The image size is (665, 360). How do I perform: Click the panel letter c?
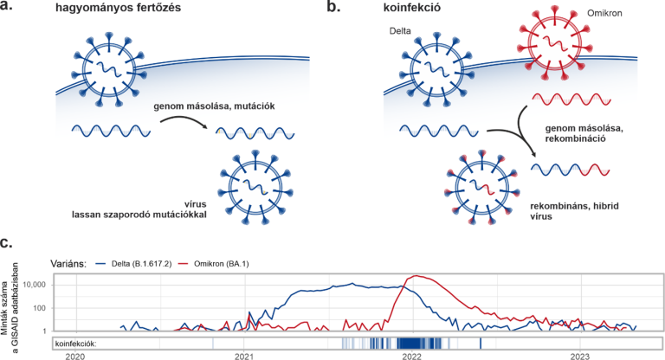[x=9, y=246]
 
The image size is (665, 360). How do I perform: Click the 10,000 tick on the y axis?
[x=30, y=285]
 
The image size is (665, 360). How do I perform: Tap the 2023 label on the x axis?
[x=579, y=355]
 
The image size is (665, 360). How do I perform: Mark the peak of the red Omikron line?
[x=418, y=276]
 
